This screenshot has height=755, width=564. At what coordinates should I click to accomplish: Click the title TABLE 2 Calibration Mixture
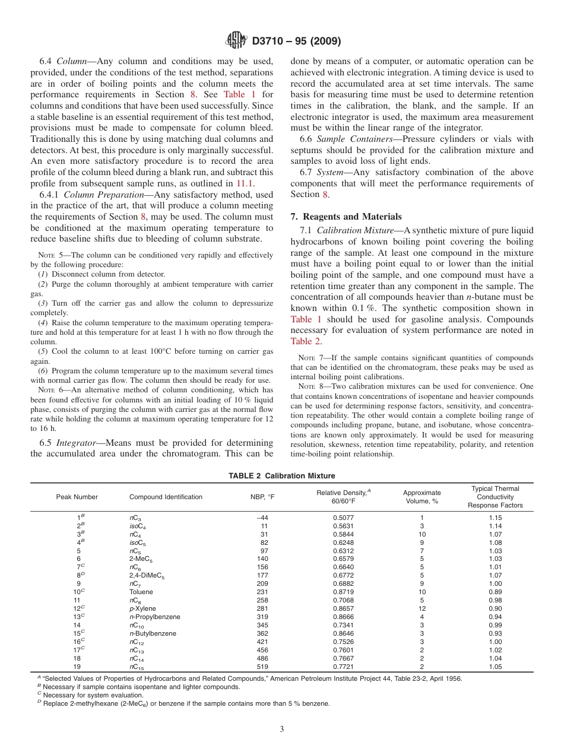282,476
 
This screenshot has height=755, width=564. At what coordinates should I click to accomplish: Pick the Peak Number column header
77,497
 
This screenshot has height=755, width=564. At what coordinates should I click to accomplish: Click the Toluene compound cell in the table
141,592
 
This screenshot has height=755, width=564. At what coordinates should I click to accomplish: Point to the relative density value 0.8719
343,592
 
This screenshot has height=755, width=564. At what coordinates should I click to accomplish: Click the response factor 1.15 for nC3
495,518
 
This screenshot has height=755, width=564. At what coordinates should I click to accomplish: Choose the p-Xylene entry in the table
144,608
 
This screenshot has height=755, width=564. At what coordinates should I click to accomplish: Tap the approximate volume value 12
422,608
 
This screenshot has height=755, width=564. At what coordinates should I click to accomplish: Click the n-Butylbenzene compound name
153,633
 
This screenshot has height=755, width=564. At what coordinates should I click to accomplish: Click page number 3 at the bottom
282,729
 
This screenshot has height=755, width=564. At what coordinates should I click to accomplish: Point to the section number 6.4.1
50,195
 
